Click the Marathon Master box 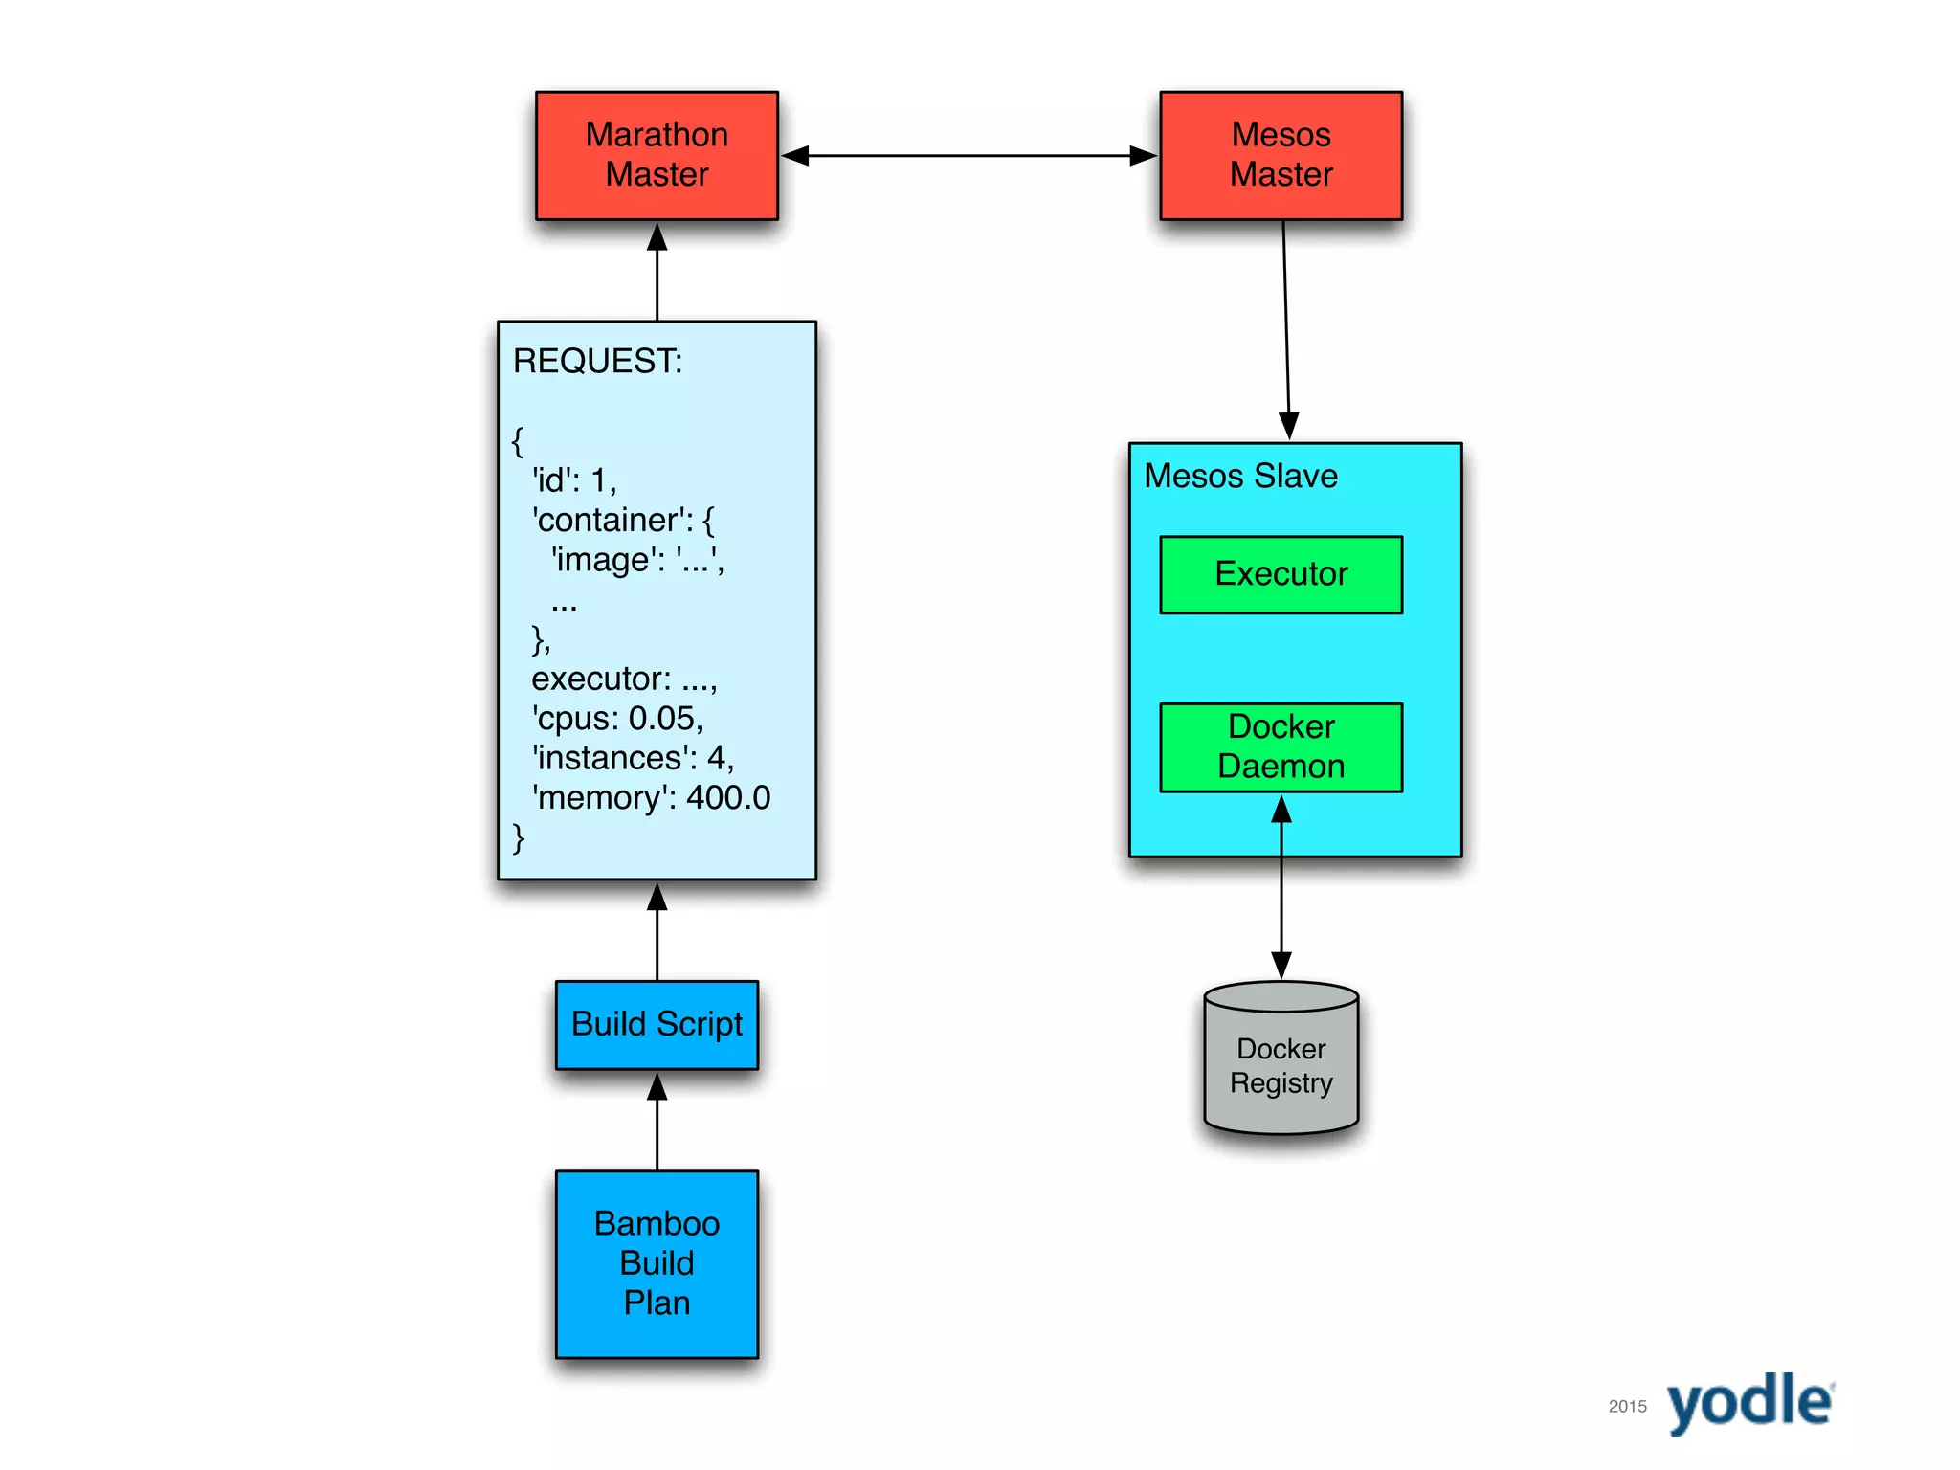[x=657, y=155]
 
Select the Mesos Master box [x=1281, y=155]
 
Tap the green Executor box [x=1281, y=574]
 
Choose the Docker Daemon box [x=1281, y=746]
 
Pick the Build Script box [x=657, y=1024]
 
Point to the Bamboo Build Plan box [x=657, y=1263]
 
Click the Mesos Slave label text [x=1240, y=476]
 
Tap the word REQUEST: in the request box [x=597, y=361]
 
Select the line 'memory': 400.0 [x=651, y=797]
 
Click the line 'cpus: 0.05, [x=617, y=718]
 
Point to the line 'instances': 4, [x=633, y=758]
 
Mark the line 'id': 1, [x=574, y=479]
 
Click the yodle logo [x=1749, y=1403]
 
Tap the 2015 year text [x=1627, y=1406]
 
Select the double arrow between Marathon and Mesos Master [x=969, y=155]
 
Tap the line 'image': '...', [x=637, y=559]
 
